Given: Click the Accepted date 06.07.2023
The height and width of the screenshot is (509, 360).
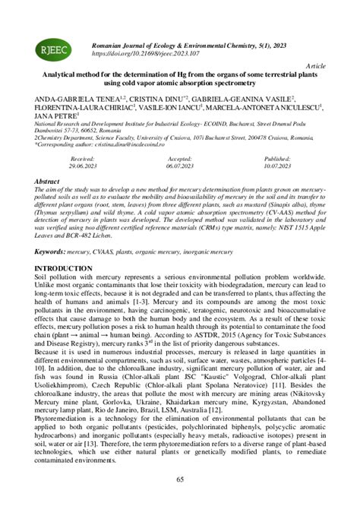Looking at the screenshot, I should [179, 165].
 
